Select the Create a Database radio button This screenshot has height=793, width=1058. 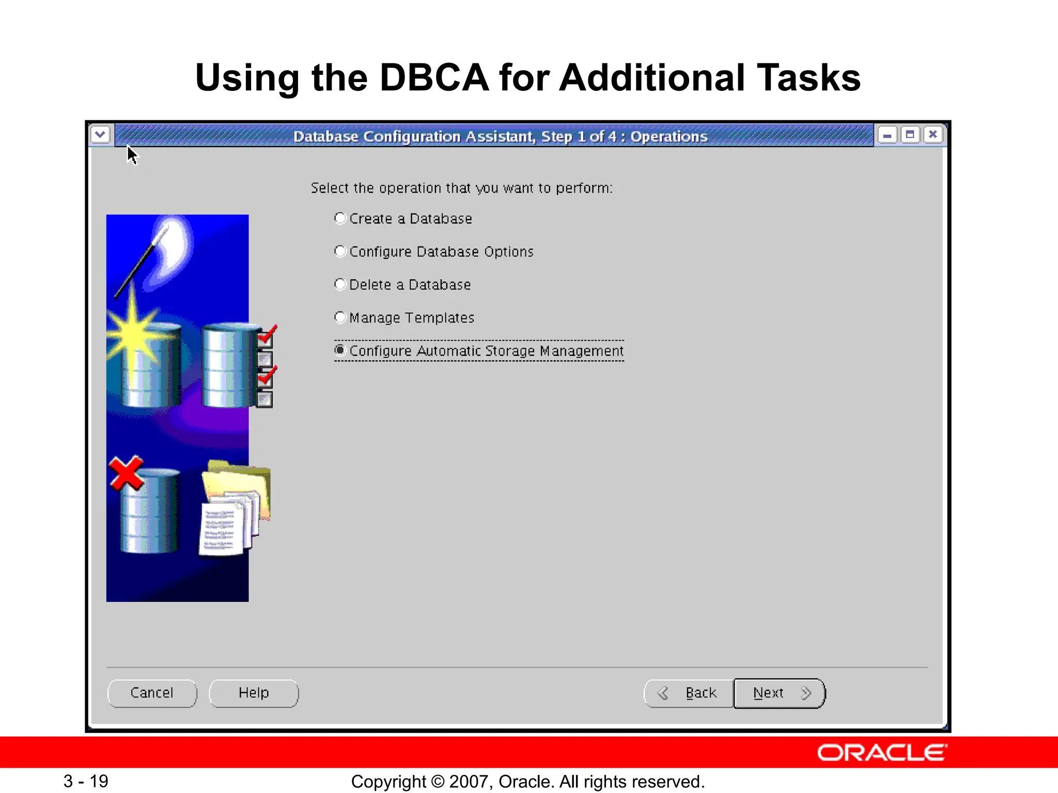click(340, 218)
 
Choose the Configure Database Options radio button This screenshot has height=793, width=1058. click(340, 251)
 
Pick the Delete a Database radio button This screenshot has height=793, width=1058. click(340, 284)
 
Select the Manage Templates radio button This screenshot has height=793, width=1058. click(340, 318)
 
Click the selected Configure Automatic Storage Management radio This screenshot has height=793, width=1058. click(340, 351)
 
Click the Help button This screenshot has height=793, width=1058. click(254, 693)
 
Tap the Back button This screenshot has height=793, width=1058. click(689, 693)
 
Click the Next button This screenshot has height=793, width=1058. click(779, 693)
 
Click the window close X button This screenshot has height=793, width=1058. click(933, 135)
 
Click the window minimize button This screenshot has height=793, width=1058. click(888, 135)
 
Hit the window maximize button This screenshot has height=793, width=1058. click(910, 135)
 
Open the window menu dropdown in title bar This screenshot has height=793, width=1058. click(100, 135)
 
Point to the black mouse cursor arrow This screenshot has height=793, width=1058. click(132, 155)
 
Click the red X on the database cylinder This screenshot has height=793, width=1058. click(126, 472)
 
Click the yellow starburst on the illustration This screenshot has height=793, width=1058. click(133, 330)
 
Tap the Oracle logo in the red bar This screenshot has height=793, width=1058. click(882, 753)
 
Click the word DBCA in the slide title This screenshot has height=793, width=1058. click(434, 77)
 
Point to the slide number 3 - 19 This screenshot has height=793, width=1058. click(86, 781)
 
